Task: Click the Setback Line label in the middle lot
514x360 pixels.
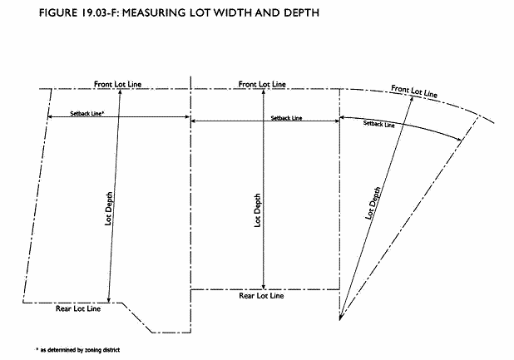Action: pos(287,118)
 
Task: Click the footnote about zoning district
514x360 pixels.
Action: pos(78,350)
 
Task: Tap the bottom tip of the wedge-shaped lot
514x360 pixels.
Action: pos(340,318)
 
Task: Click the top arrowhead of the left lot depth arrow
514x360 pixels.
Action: pos(121,90)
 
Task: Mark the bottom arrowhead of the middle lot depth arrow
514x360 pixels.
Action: pos(264,286)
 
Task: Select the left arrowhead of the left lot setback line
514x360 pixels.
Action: pos(49,116)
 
